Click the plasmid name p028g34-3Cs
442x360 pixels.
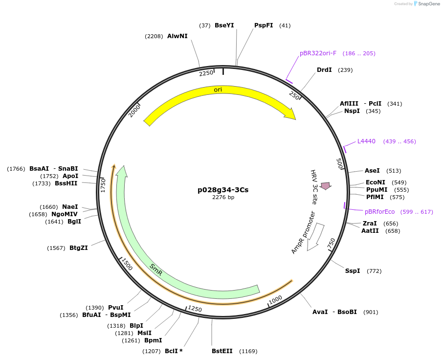pos(223,190)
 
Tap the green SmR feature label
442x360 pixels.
pos(156,270)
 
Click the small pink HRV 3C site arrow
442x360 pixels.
pos(326,185)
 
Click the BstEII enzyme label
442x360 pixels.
pos(222,351)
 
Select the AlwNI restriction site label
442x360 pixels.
pos(177,36)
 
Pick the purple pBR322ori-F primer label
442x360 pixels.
pos(318,53)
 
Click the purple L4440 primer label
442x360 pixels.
pos(366,141)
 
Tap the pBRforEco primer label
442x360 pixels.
pos(379,212)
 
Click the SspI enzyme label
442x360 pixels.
pos(353,270)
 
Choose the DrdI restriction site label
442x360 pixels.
pos(324,70)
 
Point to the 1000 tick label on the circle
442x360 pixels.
pos(275,299)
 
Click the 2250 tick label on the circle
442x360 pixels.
pos(206,73)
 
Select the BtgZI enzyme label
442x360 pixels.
pos(79,248)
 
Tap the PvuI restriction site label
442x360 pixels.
pos(115,308)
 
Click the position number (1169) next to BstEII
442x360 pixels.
pos(248,351)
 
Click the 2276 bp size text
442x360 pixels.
pos(223,198)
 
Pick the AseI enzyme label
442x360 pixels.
pos(372,171)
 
